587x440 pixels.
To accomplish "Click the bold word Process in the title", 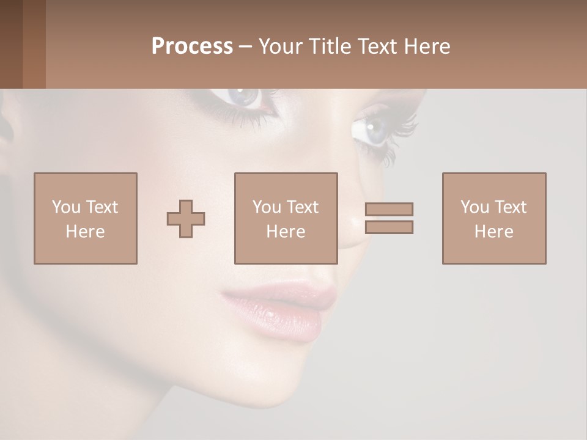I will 192,46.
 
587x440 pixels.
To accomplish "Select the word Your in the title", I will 281,46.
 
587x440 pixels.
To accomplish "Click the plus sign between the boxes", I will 186,219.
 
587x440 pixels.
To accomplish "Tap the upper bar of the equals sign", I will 389,209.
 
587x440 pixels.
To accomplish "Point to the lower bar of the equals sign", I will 389,227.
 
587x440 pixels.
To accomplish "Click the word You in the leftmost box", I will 66,207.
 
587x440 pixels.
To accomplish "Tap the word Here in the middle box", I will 286,232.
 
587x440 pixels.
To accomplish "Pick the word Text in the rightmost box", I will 510,207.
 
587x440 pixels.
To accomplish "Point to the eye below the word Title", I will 245,97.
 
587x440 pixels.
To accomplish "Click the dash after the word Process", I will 246,46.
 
